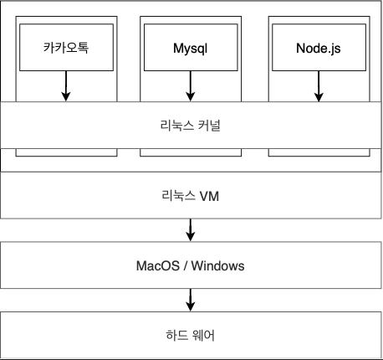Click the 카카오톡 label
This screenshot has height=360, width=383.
(x=66, y=48)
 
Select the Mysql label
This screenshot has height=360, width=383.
(x=191, y=49)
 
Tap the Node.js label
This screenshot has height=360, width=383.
(x=319, y=49)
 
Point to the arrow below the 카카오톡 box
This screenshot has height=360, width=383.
(x=66, y=86)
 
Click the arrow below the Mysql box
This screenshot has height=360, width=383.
(x=191, y=86)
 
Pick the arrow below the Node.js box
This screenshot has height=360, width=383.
(x=319, y=86)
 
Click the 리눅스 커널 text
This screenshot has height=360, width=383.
(x=191, y=126)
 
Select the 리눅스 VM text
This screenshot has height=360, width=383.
(x=191, y=196)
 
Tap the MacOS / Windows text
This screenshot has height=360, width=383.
(x=191, y=265)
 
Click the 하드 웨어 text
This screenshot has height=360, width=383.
(x=191, y=335)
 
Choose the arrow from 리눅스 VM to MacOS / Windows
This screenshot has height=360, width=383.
(x=191, y=230)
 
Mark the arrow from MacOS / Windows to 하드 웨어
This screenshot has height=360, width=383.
(x=191, y=300)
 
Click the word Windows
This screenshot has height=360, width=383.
(x=217, y=265)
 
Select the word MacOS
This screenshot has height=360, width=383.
(x=158, y=265)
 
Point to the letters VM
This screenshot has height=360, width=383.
(x=209, y=196)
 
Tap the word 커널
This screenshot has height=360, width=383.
(x=209, y=126)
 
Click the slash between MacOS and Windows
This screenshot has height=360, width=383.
(x=186, y=265)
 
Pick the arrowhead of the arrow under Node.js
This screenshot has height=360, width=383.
(x=319, y=98)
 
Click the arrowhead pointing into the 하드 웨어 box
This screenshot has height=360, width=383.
(x=191, y=307)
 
